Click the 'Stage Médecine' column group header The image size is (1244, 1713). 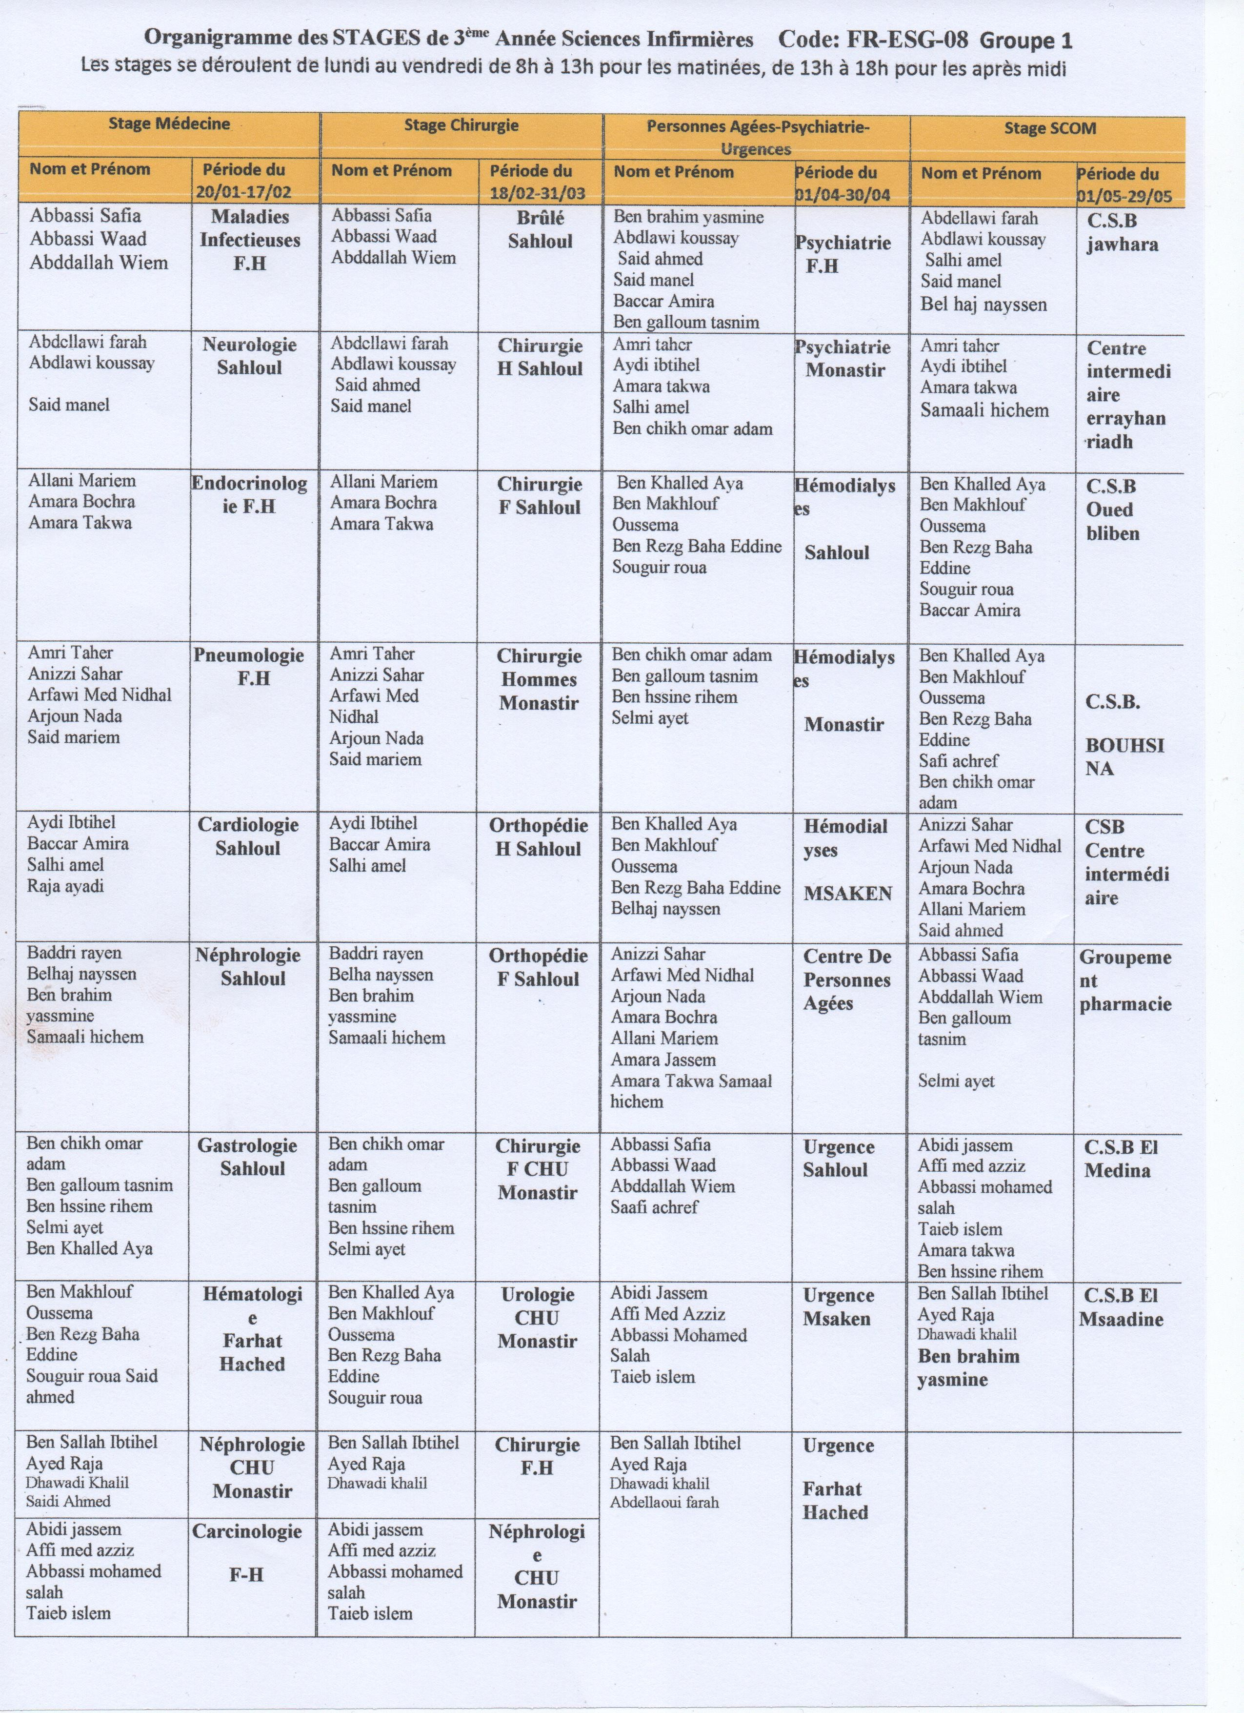click(x=169, y=124)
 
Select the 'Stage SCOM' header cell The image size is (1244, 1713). click(x=1049, y=128)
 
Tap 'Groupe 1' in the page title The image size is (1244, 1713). click(x=1026, y=41)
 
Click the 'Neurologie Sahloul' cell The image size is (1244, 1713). click(x=250, y=356)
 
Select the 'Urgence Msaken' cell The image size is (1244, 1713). click(x=838, y=1306)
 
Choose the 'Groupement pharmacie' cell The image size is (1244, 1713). click(x=1125, y=980)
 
